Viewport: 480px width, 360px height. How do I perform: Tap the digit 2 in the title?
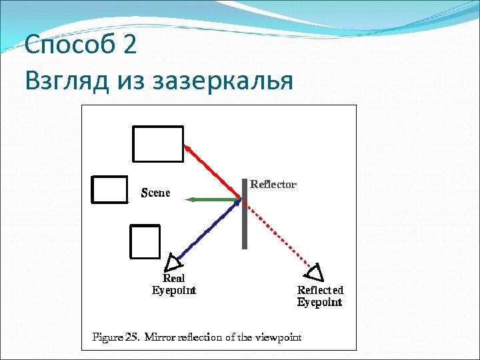point(130,45)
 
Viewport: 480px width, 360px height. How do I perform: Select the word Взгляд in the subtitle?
point(64,81)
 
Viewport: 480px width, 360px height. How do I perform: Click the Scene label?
point(155,193)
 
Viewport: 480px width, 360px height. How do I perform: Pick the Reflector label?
point(273,185)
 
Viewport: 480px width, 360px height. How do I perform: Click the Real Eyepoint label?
point(173,284)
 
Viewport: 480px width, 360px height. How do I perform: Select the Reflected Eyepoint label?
point(320,296)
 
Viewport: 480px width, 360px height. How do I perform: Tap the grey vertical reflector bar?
point(245,213)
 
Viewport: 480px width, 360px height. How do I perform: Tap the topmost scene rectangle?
point(158,144)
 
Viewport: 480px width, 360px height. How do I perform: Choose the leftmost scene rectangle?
point(109,189)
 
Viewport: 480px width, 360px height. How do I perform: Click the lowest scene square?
point(145,241)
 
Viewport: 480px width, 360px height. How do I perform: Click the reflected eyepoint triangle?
point(315,272)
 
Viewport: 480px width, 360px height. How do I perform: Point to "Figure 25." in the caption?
point(115,337)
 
